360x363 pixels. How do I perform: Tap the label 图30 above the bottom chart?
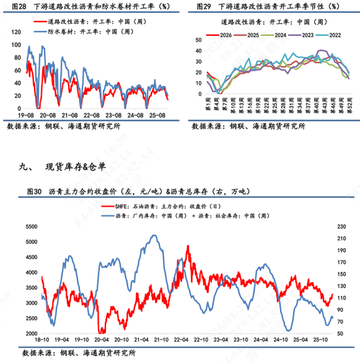tap(35, 192)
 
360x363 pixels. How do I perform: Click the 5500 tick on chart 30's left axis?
tap(31, 226)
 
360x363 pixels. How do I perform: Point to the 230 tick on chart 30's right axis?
tap(342, 226)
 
